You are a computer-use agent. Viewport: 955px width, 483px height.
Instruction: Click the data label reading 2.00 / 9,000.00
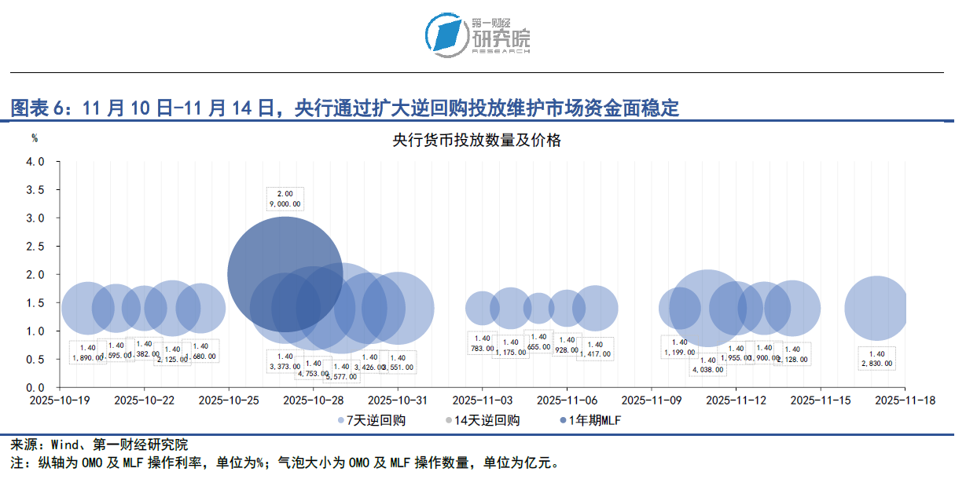click(x=285, y=199)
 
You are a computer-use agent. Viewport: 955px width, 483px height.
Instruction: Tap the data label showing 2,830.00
click(x=876, y=359)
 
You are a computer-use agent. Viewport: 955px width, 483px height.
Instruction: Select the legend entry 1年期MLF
click(x=590, y=420)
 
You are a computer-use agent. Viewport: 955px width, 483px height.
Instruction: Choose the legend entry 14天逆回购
click(x=483, y=420)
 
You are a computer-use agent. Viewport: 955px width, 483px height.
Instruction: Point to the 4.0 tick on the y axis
click(x=35, y=162)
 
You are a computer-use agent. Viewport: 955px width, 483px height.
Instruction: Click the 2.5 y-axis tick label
click(x=35, y=247)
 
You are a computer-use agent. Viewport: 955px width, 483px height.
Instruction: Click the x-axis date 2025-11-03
click(x=482, y=400)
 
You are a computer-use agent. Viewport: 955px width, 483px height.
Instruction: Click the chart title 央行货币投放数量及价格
click(x=477, y=141)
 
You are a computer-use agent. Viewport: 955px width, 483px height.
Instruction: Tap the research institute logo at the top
click(x=477, y=35)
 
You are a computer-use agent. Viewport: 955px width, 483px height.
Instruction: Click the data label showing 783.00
click(x=482, y=343)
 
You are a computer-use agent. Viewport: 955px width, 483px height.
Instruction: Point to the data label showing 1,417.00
click(x=594, y=349)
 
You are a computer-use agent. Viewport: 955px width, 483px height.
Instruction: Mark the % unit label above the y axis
click(x=35, y=138)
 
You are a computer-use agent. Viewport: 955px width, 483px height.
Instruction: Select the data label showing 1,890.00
click(x=87, y=353)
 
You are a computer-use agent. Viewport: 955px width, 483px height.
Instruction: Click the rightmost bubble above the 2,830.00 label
click(x=876, y=309)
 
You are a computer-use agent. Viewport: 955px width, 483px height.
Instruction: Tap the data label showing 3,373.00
click(x=285, y=361)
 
